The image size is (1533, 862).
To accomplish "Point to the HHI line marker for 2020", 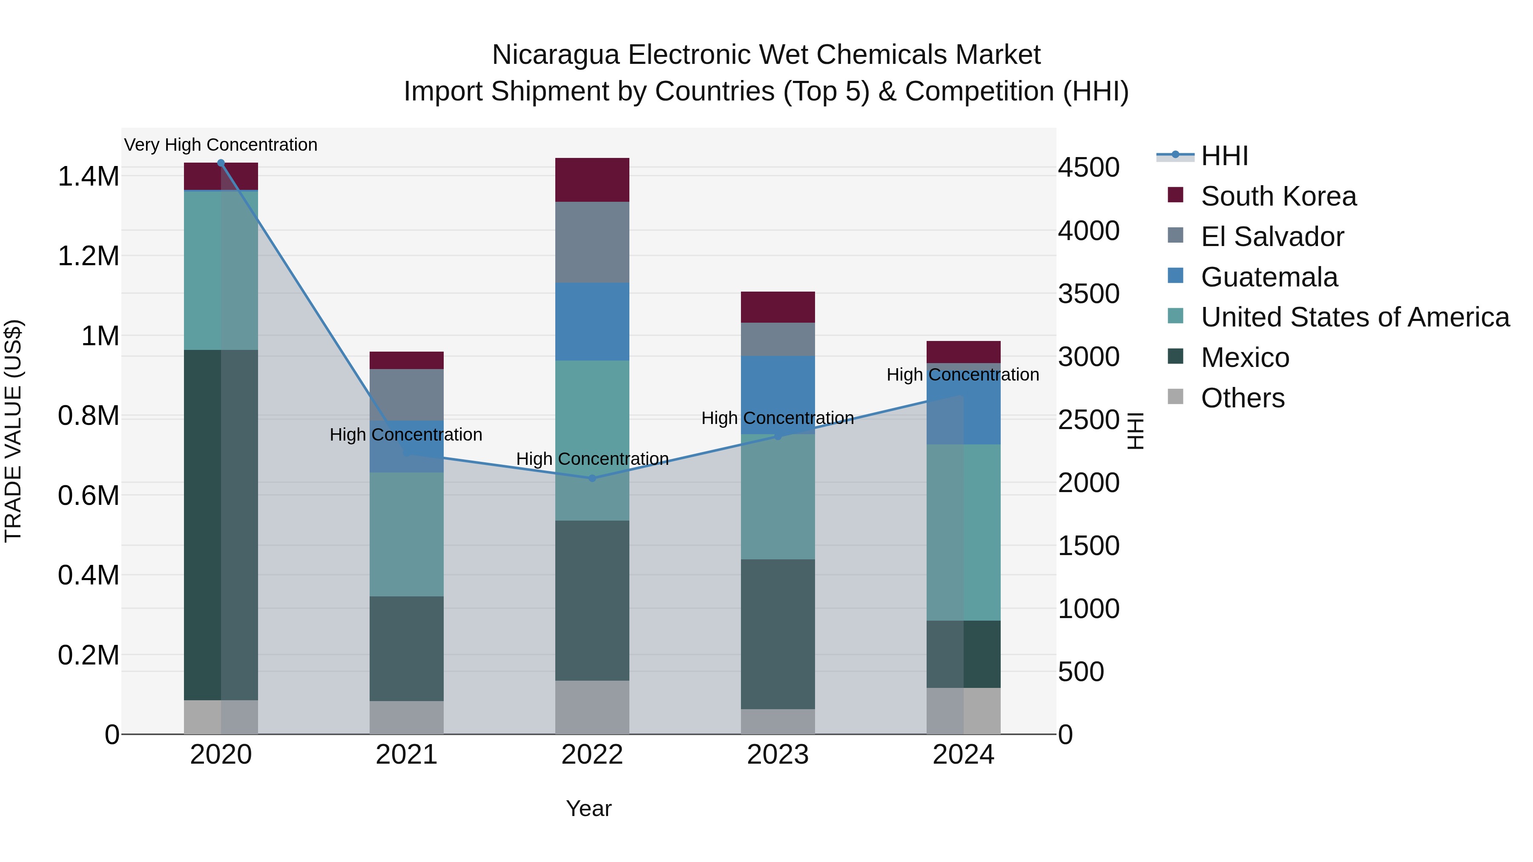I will click(221, 163).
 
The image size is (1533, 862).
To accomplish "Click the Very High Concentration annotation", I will click(221, 145).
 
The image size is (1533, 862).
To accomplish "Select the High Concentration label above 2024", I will click(962, 375).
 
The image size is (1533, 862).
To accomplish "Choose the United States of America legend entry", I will click(1355, 317).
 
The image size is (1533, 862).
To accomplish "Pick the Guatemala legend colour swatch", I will click(1175, 276).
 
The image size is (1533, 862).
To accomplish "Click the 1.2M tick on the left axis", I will click(88, 256).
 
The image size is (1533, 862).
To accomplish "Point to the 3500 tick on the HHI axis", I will click(1088, 294).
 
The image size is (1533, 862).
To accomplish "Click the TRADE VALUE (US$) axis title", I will click(13, 431).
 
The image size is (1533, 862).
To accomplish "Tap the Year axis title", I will click(588, 808).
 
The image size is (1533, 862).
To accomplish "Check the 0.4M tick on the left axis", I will click(88, 575).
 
